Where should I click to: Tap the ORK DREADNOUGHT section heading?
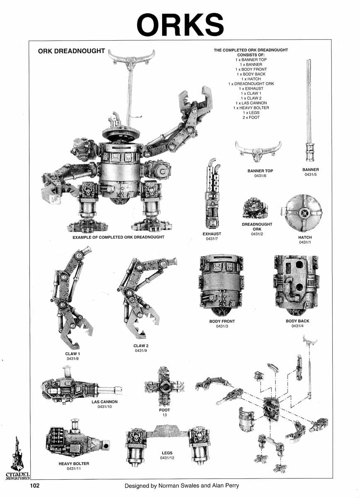(x=71, y=51)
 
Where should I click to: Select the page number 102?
(x=34, y=485)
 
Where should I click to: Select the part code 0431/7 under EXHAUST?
(x=212, y=239)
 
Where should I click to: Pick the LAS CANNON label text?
(x=105, y=402)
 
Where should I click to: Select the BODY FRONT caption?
(x=222, y=321)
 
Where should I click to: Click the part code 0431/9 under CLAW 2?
(x=141, y=351)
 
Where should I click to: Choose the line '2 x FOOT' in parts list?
(x=251, y=117)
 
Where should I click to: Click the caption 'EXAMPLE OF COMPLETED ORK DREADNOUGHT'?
(x=118, y=237)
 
